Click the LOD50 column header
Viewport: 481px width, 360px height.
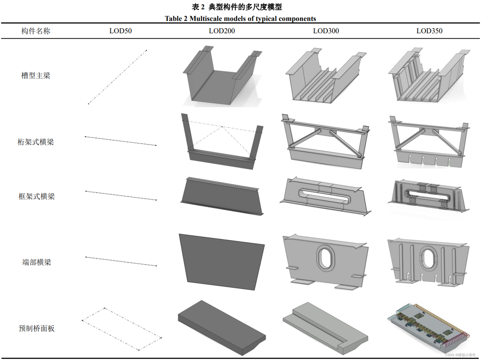click(120, 31)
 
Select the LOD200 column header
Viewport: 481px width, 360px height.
click(222, 31)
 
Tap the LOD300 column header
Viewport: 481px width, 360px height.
click(326, 31)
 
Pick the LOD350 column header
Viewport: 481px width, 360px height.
click(429, 31)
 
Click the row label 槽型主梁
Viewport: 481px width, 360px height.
click(36, 76)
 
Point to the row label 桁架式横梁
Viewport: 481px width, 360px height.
click(36, 142)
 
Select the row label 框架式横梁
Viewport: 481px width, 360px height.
click(37, 197)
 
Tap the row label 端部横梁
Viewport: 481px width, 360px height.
click(37, 263)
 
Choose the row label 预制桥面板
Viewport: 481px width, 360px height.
click(37, 329)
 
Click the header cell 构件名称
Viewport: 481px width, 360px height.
click(36, 31)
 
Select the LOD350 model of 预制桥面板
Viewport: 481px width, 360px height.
click(428, 327)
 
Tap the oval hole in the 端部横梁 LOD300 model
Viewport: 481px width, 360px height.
click(326, 259)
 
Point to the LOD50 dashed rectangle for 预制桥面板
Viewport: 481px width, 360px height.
click(121, 329)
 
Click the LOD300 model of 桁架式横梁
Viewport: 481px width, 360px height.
click(325, 141)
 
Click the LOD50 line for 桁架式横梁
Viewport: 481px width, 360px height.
click(121, 141)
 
